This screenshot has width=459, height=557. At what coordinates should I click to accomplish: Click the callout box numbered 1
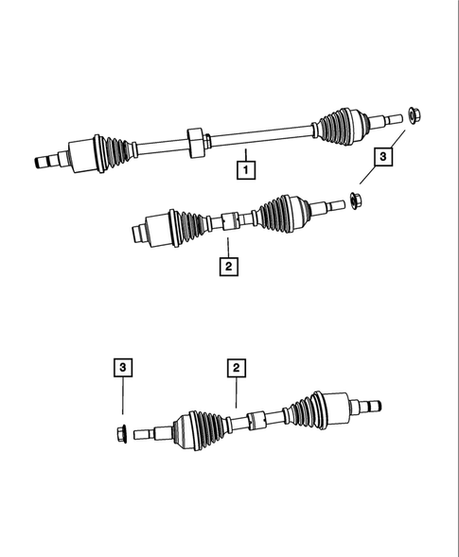[x=245, y=171]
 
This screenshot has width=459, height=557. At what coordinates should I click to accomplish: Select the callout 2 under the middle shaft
[x=228, y=266]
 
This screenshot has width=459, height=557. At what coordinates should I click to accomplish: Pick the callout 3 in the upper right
[x=383, y=157]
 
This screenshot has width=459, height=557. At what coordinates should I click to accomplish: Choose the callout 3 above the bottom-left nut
[x=124, y=367]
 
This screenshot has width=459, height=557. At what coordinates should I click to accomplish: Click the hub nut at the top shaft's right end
[x=414, y=115]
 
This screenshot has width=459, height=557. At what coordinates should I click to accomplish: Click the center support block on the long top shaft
[x=196, y=141]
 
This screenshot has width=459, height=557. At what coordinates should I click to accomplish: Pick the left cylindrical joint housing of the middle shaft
[x=151, y=230]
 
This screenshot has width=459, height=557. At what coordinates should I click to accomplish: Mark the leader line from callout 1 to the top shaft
[x=244, y=154]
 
